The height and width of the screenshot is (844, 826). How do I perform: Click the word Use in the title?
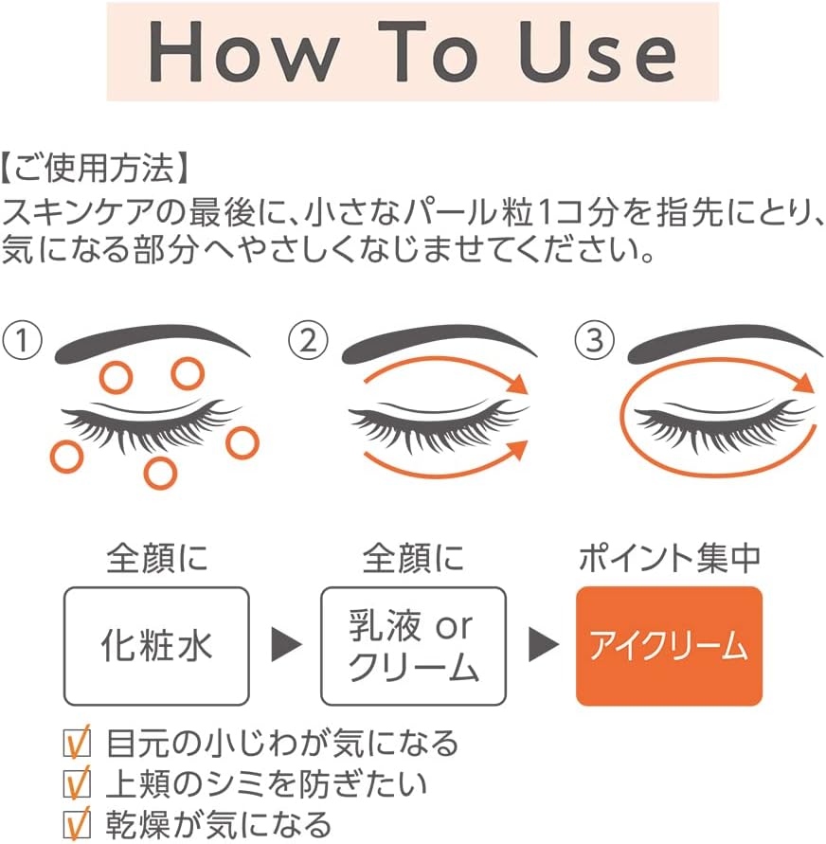tap(598, 52)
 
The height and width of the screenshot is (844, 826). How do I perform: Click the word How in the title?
tap(243, 52)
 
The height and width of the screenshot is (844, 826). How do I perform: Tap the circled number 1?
tap(22, 340)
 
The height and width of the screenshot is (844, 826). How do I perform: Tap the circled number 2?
tap(309, 340)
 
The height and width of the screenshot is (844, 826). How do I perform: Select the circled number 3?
tap(595, 340)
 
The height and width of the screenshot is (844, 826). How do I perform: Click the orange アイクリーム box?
tap(669, 646)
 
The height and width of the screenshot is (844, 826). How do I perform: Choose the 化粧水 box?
tap(156, 646)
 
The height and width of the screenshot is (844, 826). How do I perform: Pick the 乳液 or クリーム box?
tap(413, 646)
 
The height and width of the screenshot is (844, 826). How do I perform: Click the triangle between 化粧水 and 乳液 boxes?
tap(286, 644)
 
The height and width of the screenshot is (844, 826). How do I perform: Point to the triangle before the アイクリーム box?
tap(544, 644)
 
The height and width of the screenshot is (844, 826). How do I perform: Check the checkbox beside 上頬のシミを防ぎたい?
tap(77, 784)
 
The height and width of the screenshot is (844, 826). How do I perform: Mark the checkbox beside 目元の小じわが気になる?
tap(77, 744)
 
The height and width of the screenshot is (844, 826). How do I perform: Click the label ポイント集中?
tap(670, 558)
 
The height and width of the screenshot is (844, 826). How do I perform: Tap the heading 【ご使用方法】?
tap(96, 168)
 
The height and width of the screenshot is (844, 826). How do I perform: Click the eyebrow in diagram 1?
tap(151, 342)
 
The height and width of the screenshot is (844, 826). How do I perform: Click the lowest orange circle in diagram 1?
tap(160, 474)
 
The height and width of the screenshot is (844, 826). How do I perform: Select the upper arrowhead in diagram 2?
tap(519, 384)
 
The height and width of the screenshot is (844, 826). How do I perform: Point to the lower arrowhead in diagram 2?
tap(517, 450)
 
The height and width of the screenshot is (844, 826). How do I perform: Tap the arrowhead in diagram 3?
tap(805, 383)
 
